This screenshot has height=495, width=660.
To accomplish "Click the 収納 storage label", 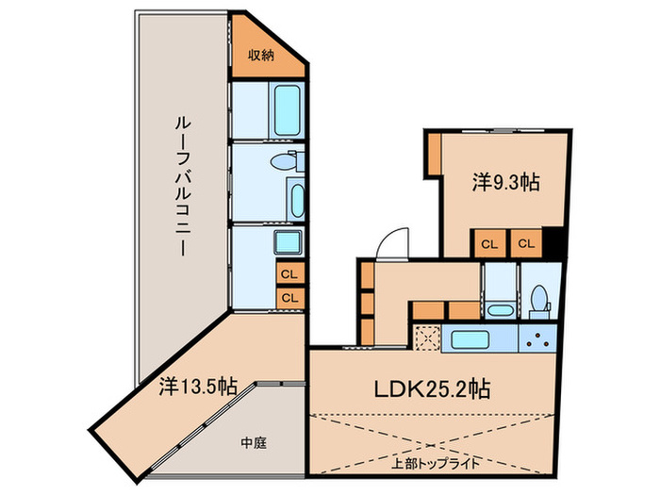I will coord(261,56).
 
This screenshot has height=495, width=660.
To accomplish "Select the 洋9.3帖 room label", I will coord(505,183).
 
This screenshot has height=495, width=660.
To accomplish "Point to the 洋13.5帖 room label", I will coord(197,386).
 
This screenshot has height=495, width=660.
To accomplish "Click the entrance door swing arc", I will coord(388,242).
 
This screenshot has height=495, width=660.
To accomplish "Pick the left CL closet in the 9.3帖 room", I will coord(488,243).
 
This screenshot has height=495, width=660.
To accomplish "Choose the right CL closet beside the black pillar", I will coord(526,243).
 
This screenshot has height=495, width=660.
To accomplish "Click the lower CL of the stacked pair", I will coord(289,297).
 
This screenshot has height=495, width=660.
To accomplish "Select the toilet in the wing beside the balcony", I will coord(284,162).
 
